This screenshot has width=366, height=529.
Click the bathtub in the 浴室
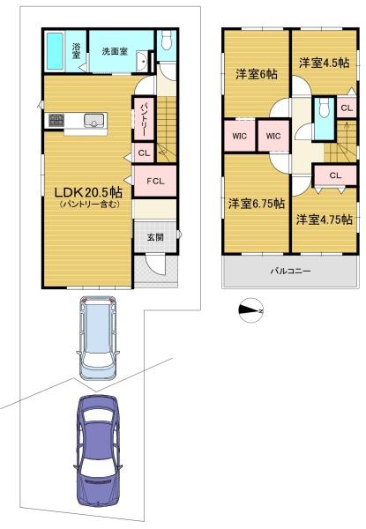(55, 51)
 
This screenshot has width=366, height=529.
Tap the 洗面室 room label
(115, 52)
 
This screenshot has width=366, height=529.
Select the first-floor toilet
(167, 40)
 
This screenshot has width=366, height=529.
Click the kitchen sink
(94, 120)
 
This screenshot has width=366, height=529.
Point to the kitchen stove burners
(56, 120)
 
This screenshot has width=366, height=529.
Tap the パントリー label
(144, 118)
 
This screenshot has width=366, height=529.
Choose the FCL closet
(155, 181)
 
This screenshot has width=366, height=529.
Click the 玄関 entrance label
(155, 237)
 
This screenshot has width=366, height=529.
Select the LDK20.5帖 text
(88, 192)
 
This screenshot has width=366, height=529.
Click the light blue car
(98, 338)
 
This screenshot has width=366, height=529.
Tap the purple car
(98, 451)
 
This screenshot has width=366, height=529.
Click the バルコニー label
(290, 271)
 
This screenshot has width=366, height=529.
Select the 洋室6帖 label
(257, 74)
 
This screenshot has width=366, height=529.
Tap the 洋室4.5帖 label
(325, 63)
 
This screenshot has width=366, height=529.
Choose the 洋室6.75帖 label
(257, 204)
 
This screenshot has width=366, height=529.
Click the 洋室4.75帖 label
(325, 220)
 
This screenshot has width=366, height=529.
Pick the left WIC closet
(240, 136)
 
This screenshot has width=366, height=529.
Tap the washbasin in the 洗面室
(143, 61)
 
